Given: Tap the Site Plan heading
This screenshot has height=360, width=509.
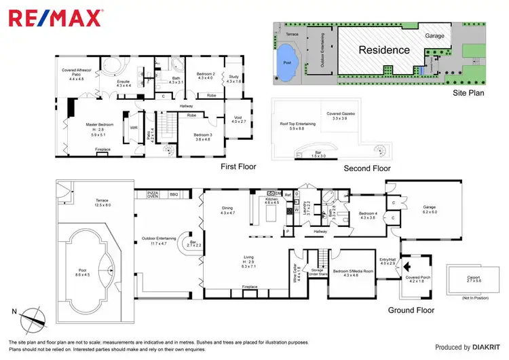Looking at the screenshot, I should point(468,93).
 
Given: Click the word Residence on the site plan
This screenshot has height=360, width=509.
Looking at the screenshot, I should point(383,50).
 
